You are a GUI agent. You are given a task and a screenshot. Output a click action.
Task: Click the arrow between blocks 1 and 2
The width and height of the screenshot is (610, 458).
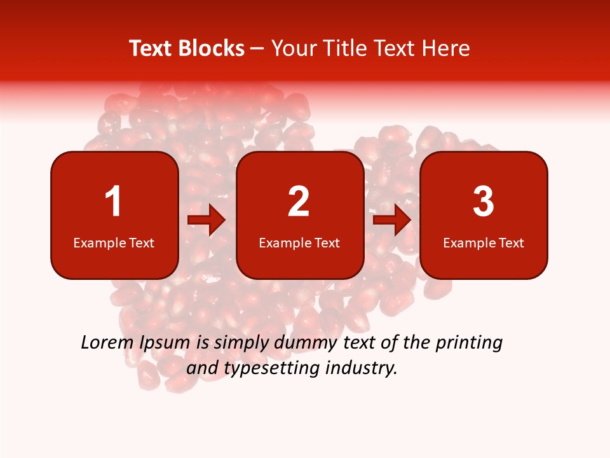click(207, 220)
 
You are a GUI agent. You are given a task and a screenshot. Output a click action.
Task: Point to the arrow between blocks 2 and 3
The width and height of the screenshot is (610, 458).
click(392, 220)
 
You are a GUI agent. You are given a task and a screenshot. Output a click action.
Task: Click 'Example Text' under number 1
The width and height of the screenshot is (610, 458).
click(114, 243)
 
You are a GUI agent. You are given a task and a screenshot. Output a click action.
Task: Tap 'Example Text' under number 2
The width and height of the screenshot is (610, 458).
click(299, 243)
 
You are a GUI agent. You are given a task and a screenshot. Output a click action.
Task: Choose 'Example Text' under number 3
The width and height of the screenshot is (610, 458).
click(484, 243)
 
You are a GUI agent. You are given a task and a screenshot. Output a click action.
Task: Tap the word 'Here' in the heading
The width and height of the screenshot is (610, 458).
click(445, 48)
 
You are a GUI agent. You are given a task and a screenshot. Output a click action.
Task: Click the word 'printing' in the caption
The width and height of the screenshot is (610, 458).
click(469, 343)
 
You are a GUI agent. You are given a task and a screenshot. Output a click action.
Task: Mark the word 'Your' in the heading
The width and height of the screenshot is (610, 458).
click(292, 48)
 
